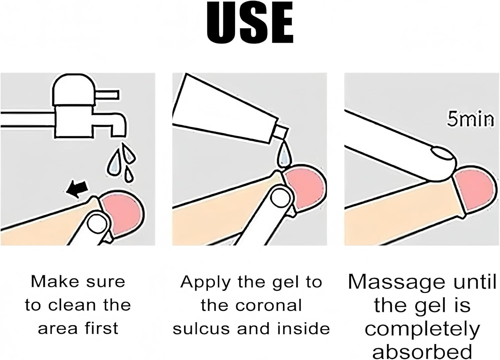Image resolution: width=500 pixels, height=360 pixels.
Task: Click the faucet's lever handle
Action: pos(107,95)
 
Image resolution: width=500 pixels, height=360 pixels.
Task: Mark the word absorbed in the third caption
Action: pos(422,352)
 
